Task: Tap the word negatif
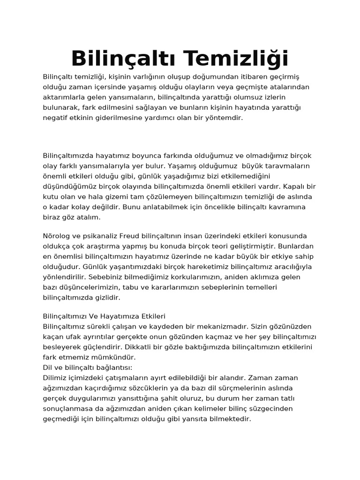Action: tap(56, 118)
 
